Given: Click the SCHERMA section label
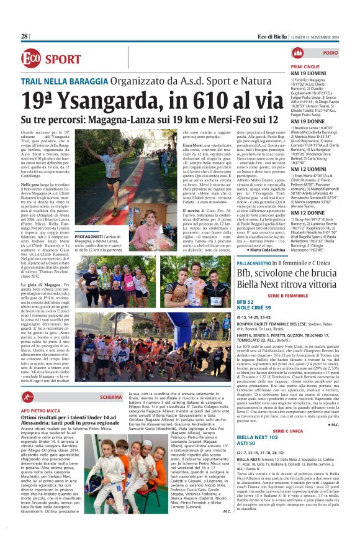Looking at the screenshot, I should pyautogui.click(x=110, y=397).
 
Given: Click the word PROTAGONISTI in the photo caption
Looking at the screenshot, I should pyautogui.click(x=93, y=237).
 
